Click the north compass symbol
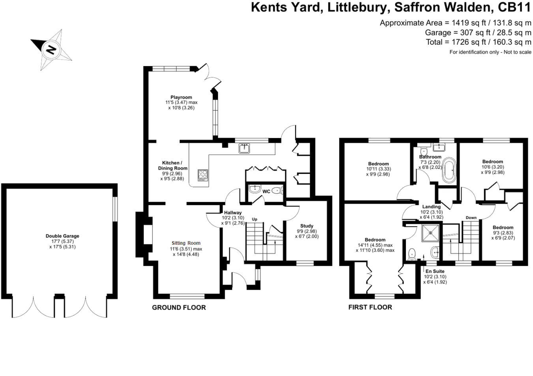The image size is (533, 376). pos(51,50)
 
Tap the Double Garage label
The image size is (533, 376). pos(62,236)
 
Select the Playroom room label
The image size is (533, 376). pos(181,97)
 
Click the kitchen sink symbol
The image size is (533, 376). pos(244,148)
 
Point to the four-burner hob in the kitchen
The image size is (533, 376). pos(203,175)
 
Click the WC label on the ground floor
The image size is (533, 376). pos(266,191)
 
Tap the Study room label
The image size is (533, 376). pos(306,226)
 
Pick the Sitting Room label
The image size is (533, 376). pos(186,243)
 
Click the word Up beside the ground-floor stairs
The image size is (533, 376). pos(255,219)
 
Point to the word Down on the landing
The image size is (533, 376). pos(471,218)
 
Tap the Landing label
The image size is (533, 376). pos(431,207)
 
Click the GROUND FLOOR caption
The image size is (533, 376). pos(179,308)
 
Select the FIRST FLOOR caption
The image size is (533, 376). pos(370,307)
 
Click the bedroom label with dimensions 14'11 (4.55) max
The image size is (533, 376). pos(375,240)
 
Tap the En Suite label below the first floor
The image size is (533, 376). pos(435,271)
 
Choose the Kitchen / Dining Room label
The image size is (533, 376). pos(172,165)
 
